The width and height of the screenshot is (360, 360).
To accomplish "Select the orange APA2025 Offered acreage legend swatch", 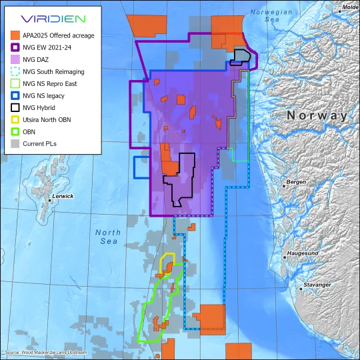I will pyautogui.click(x=15, y=35).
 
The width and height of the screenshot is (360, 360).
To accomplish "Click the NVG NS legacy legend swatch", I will pyautogui.click(x=15, y=95).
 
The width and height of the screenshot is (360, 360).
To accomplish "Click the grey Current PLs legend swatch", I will pyautogui.click(x=15, y=143).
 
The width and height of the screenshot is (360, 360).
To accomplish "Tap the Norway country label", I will pyautogui.click(x=317, y=115).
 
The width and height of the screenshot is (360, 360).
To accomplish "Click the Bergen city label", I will pyautogui.click(x=296, y=182).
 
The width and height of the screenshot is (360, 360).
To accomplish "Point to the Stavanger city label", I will pyautogui.click(x=316, y=285).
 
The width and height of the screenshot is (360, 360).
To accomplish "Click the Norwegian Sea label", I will pyautogui.click(x=271, y=16).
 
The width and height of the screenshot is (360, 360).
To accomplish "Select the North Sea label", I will pyautogui.click(x=107, y=237).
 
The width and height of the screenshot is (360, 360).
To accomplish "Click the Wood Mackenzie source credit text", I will pyautogui.click(x=45, y=352).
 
